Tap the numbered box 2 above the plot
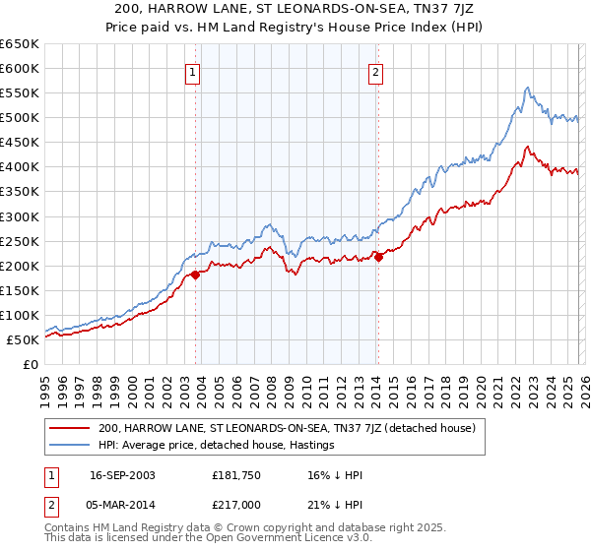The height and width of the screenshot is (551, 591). click(x=376, y=71)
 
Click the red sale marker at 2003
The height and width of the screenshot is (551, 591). click(x=195, y=275)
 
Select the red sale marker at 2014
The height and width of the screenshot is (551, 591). click(x=378, y=258)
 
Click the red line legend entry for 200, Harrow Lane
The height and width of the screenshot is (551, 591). click(x=287, y=428)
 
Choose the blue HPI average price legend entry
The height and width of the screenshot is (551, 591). click(x=217, y=445)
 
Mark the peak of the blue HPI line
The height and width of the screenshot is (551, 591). click(x=528, y=88)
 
